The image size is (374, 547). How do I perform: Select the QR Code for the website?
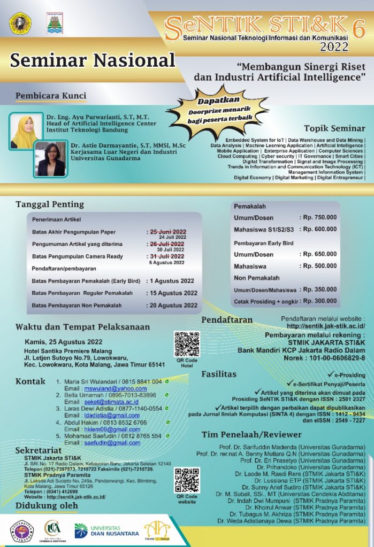point(187,480)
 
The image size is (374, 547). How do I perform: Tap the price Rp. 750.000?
point(319,217)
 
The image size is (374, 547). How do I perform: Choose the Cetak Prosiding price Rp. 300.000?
point(319,301)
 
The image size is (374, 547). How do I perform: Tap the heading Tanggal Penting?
point(50,204)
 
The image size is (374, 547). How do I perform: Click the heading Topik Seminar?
point(334,128)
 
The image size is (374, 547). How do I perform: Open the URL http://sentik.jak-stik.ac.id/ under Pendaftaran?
point(326,326)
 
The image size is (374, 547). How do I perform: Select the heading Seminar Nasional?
point(93,60)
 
